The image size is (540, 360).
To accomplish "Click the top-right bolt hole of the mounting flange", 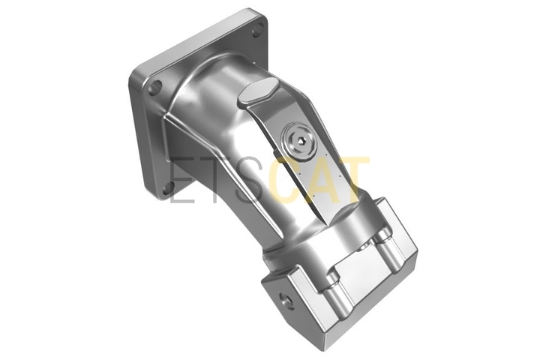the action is (257, 31).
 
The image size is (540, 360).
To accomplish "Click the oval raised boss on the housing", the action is (257, 89).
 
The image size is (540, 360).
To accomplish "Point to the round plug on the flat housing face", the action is (298, 141).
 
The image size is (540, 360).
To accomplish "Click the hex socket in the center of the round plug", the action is (299, 140).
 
